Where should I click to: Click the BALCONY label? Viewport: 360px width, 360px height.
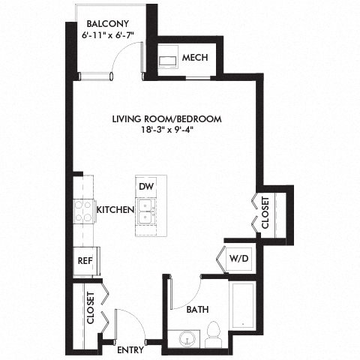click(107, 22)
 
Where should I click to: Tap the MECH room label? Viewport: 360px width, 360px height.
click(194, 58)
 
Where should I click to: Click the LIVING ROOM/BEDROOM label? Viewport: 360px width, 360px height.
click(166, 118)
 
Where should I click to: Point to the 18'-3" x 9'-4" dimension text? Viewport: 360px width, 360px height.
click(166, 130)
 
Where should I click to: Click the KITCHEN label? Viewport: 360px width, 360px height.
click(115, 210)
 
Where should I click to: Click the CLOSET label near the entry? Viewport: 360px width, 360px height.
click(90, 307)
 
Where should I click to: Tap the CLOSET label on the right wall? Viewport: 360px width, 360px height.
click(265, 212)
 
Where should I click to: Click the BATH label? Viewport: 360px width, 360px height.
click(197, 309)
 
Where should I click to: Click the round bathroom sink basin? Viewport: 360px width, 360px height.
click(185, 340)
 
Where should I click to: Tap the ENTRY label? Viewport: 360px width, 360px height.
click(130, 349)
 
